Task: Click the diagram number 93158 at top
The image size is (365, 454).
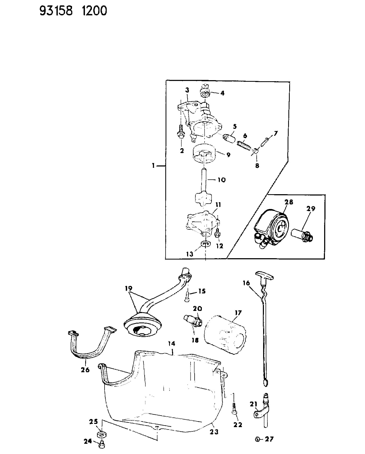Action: click(x=56, y=11)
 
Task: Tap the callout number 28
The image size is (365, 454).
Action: click(x=289, y=202)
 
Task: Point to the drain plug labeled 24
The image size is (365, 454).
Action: click(x=102, y=444)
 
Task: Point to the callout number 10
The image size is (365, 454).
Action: click(x=221, y=180)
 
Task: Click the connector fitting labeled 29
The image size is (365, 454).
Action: click(x=303, y=233)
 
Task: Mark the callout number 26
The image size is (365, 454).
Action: click(x=85, y=370)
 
